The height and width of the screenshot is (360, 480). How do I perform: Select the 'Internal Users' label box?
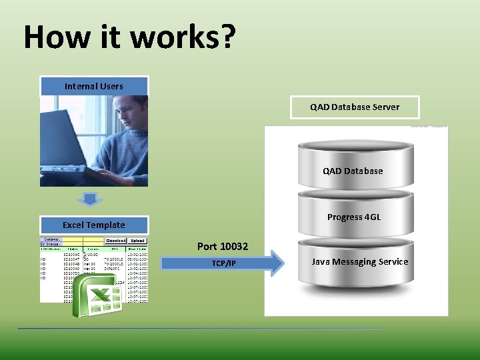point(94,86)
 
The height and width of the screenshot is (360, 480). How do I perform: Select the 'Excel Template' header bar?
point(94,225)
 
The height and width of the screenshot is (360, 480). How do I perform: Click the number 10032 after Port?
point(234,247)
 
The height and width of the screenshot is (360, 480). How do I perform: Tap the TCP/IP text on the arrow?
point(224,264)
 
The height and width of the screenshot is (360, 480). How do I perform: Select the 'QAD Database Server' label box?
point(355,107)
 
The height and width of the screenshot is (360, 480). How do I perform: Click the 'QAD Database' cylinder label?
point(353,171)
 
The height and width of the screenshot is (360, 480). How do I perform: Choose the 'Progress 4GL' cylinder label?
point(354,217)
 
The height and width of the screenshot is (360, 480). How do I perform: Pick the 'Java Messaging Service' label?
point(359,262)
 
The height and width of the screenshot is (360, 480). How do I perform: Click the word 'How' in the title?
point(53,37)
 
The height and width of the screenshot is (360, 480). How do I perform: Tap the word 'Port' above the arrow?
point(208,247)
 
